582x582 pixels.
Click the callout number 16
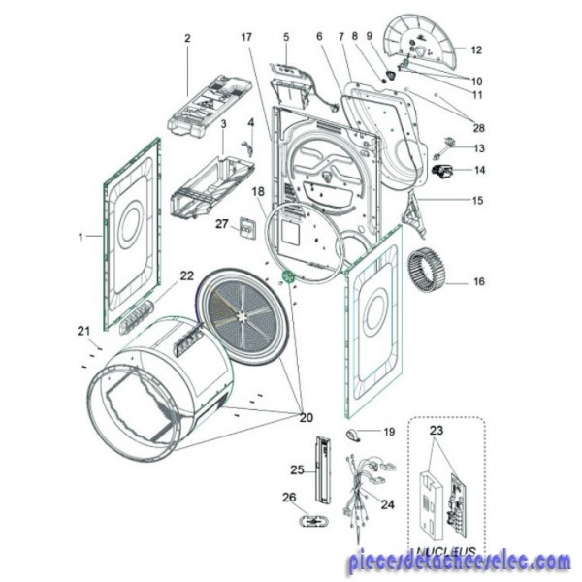pyautogui.click(x=478, y=283)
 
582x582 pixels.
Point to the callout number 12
pyautogui.click(x=476, y=48)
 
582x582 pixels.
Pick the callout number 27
pyautogui.click(x=221, y=224)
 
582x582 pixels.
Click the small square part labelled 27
pyautogui.click(x=247, y=229)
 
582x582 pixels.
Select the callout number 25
pyautogui.click(x=297, y=470)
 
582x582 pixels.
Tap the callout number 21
pyautogui.click(x=83, y=331)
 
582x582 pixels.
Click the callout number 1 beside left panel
pyautogui.click(x=81, y=236)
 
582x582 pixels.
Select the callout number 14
pyautogui.click(x=478, y=171)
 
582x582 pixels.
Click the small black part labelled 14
pyautogui.click(x=444, y=174)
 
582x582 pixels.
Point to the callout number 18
pyautogui.click(x=258, y=191)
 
